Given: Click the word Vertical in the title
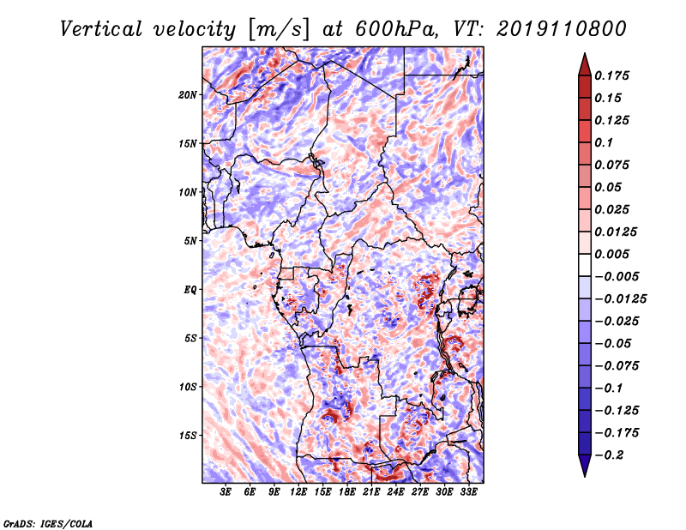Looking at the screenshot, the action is [x=101, y=29].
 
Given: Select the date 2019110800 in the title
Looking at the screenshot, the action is [x=562, y=29].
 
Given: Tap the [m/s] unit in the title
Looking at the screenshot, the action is [x=278, y=30].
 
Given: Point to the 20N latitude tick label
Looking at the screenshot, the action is [x=187, y=95].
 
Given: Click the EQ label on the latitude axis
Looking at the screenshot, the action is [x=190, y=290].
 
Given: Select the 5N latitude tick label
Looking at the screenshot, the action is [x=190, y=241].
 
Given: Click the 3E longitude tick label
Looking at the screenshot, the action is [x=226, y=491].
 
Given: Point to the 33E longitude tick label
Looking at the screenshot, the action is [x=468, y=491].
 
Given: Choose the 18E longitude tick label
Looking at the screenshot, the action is [x=347, y=491].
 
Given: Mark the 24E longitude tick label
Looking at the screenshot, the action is [x=395, y=491].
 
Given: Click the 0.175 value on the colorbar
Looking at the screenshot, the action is [x=611, y=75].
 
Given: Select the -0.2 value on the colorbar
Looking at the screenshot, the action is [x=609, y=455].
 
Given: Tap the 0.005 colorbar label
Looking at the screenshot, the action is [x=611, y=254].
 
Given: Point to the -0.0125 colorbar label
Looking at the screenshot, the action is [x=620, y=299].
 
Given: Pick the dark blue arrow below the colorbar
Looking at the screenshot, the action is [x=585, y=465].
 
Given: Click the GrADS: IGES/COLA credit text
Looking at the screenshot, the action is [x=48, y=523].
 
